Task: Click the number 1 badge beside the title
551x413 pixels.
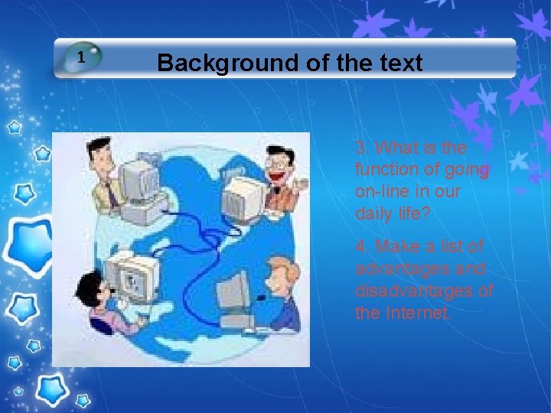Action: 82,57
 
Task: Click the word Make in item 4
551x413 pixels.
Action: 397,247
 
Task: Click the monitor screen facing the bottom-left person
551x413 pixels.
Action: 134,280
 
